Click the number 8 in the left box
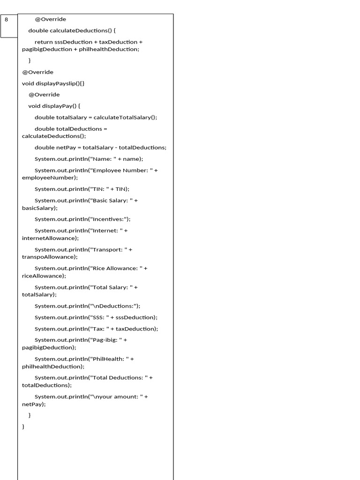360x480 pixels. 7,20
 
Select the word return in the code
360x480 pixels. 44,42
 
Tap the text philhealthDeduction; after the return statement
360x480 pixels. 109,49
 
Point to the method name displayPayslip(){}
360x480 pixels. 60,83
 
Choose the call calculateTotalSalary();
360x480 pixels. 125,117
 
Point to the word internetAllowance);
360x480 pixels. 50,238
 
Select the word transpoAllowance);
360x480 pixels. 50,257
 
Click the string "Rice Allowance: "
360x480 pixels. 115,268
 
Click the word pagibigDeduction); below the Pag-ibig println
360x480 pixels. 49,347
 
